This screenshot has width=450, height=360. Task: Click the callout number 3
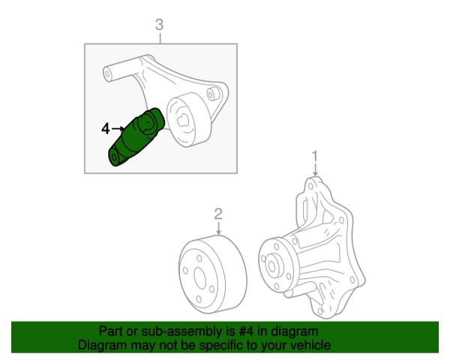coord(159,25)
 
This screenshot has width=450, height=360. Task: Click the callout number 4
coord(106,128)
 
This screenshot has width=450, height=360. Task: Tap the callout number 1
coord(315,157)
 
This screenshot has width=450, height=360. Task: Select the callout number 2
coord(218,214)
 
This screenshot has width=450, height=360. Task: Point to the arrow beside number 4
coord(118,128)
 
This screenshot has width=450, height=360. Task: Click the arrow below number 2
coord(219,228)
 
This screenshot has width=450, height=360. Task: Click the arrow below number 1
coord(316,170)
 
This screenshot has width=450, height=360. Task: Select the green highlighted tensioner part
coord(136,137)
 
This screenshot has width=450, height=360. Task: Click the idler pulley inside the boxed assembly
coord(188,120)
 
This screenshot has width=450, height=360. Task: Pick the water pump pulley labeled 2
coord(213,274)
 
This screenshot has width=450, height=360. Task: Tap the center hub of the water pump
coord(271,265)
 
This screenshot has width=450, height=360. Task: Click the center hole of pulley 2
coord(200,278)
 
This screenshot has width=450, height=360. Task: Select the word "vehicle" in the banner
coord(311,345)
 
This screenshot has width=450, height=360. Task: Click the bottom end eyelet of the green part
coord(115,157)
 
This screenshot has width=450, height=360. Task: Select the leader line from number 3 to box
coord(160,37)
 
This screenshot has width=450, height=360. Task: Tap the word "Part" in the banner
coord(110,331)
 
